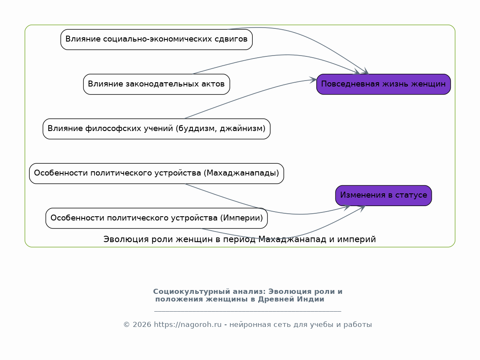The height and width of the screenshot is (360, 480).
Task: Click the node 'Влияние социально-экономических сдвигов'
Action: [156, 39]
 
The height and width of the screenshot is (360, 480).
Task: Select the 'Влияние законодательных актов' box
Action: [156, 84]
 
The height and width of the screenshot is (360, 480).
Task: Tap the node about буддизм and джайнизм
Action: [156, 129]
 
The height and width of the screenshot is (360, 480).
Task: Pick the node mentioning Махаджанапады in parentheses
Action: [156, 173]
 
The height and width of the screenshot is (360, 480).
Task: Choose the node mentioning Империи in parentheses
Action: [156, 218]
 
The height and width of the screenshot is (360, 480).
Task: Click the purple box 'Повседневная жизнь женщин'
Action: [384, 84]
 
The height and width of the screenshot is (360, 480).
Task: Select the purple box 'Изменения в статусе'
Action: [384, 195]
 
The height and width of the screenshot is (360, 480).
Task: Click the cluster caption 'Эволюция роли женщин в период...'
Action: [240, 240]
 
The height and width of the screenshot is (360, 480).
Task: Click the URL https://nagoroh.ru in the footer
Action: [188, 324]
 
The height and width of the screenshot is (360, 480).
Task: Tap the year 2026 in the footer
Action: [142, 324]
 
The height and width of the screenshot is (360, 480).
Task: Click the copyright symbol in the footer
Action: [126, 324]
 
